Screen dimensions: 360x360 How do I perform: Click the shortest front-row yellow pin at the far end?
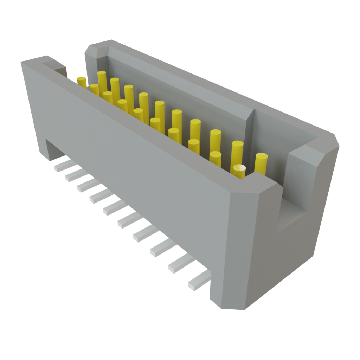pyautogui.click(x=94, y=90)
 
